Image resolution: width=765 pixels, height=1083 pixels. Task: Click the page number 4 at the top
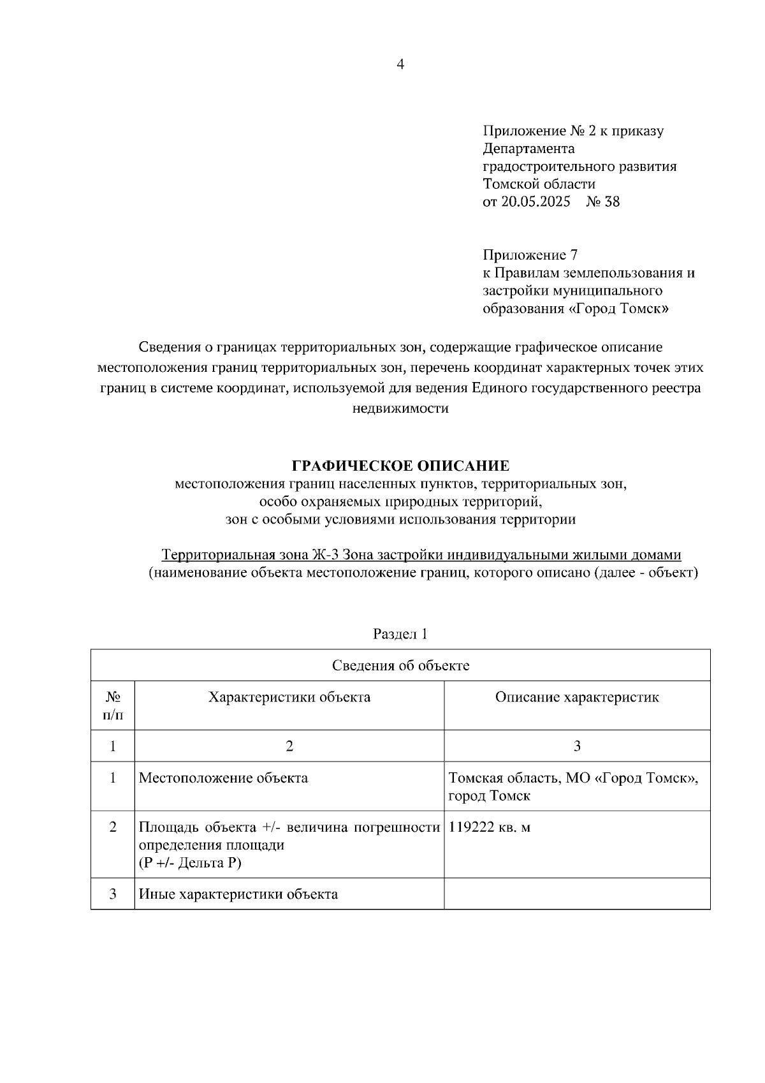(x=400, y=64)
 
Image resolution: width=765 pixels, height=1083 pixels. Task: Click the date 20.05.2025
(x=535, y=202)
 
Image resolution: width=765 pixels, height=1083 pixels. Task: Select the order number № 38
(x=602, y=202)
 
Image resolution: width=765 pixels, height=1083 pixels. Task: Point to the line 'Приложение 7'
(x=530, y=255)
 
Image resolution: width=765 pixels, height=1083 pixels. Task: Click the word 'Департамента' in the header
(x=528, y=149)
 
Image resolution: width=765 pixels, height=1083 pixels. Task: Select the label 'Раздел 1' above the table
(x=400, y=634)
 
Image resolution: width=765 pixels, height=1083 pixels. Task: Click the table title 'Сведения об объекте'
(x=400, y=666)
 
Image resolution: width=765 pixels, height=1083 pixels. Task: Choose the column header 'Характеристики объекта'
(x=289, y=697)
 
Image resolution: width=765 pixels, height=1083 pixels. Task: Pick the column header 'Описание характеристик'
(x=577, y=697)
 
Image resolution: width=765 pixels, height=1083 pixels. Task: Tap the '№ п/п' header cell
(x=113, y=705)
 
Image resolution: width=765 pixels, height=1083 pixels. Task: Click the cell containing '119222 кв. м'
(x=490, y=828)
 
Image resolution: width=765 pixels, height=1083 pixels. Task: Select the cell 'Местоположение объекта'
(x=223, y=778)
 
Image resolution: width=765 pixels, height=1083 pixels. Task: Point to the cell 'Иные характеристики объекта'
(x=238, y=894)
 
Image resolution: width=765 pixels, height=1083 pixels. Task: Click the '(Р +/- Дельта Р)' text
(x=191, y=863)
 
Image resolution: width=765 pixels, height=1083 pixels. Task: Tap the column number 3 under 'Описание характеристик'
(x=577, y=746)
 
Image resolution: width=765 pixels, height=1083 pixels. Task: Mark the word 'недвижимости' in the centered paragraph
(x=400, y=409)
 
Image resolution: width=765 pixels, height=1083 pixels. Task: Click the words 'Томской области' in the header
(x=539, y=184)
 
